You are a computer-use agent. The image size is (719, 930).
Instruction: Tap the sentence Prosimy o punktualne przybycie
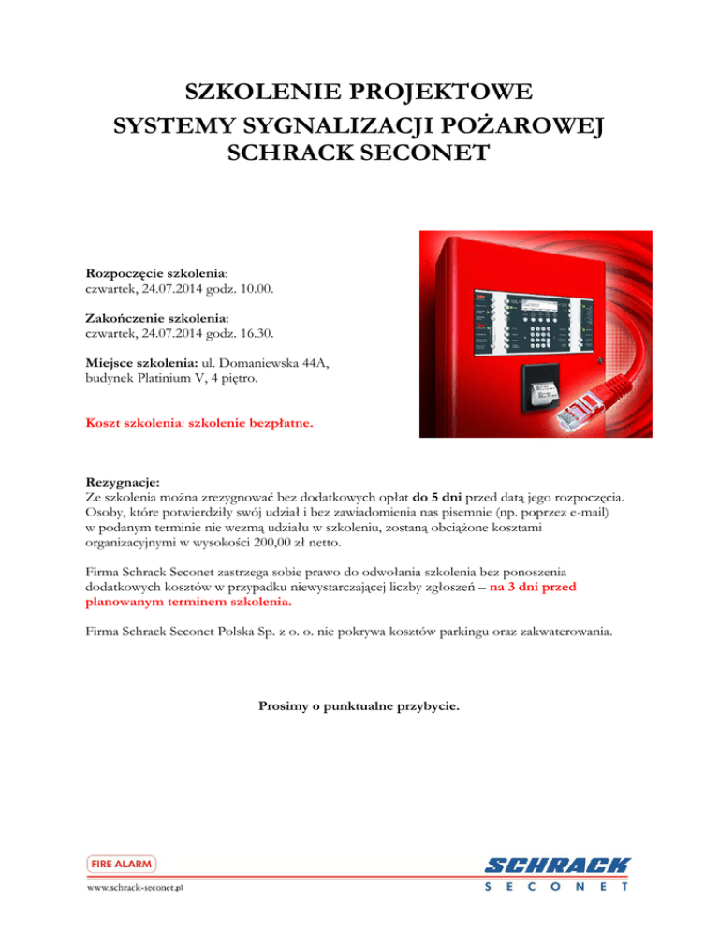359,707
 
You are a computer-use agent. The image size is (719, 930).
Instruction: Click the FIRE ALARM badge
122,864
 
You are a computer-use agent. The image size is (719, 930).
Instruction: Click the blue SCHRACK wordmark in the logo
558,867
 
